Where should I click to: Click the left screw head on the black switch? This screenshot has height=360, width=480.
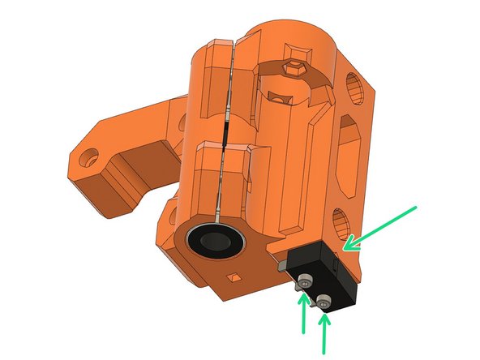click(x=304, y=281)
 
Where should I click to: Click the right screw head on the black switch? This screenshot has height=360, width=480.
click(x=324, y=304)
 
